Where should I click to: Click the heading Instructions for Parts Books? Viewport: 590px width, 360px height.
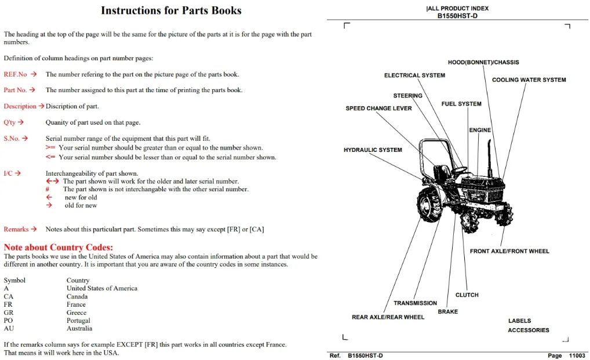[171, 10]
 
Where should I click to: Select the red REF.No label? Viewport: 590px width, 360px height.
[16, 74]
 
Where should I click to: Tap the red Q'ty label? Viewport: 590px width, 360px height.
[10, 122]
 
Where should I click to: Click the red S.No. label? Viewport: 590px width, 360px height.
[12, 139]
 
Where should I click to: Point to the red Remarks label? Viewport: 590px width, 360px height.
[16, 229]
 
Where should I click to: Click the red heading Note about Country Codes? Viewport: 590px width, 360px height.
[59, 247]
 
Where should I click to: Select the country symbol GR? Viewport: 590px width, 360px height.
[8, 312]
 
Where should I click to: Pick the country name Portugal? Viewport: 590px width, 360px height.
[78, 321]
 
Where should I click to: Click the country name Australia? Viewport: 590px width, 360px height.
[79, 328]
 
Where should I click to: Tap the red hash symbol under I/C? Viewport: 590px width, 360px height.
[48, 189]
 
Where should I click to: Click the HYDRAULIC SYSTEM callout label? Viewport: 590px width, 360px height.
[373, 150]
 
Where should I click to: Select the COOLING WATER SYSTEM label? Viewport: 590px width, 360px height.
[529, 80]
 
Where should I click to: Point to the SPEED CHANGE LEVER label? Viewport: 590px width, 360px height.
[378, 108]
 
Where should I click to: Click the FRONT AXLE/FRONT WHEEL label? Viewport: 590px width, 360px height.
[509, 251]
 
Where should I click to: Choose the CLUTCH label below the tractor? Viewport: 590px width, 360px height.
[467, 295]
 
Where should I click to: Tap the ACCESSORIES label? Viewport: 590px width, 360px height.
[529, 330]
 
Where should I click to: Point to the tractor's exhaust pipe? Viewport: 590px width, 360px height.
[490, 158]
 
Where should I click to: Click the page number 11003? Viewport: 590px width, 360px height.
[577, 355]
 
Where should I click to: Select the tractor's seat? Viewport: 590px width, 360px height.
[442, 173]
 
